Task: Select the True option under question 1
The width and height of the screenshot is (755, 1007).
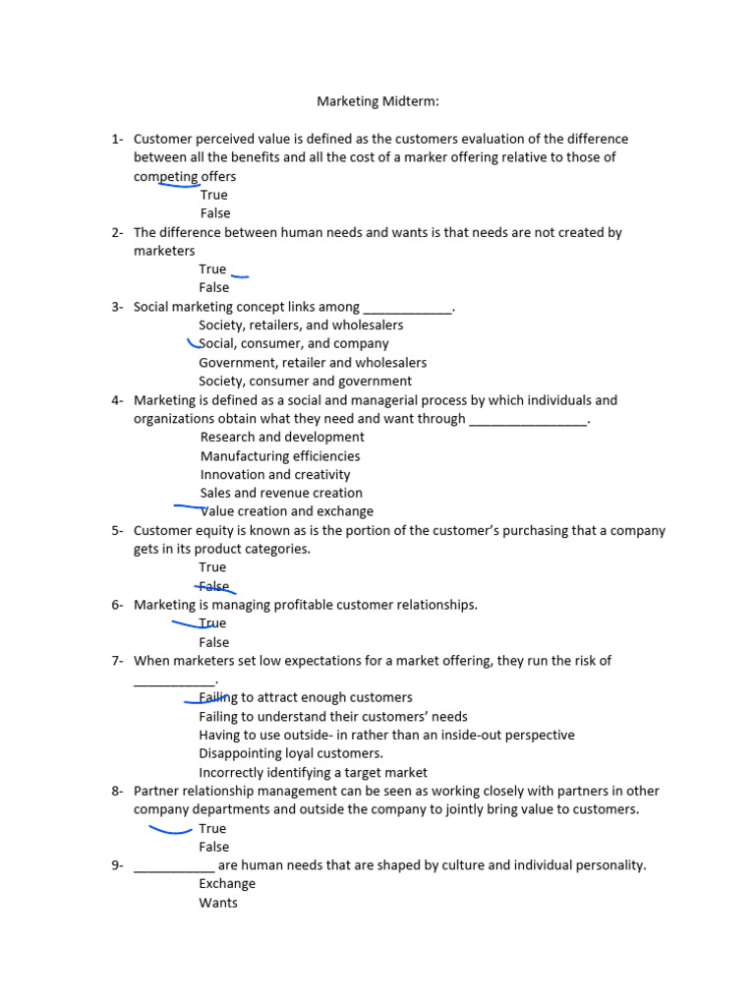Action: [x=213, y=195]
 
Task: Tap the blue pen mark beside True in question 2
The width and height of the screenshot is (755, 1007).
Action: [x=240, y=276]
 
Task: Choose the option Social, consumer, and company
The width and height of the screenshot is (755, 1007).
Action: [x=294, y=343]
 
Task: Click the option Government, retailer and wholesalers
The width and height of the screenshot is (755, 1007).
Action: [x=313, y=362]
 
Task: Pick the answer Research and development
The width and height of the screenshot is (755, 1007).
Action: [x=282, y=437]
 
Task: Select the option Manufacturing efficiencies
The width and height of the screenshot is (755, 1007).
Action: [x=280, y=455]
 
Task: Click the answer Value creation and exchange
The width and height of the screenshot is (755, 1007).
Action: [x=287, y=511]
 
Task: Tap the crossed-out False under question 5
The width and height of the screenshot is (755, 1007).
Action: [x=214, y=586]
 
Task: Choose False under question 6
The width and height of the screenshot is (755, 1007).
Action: [x=213, y=642]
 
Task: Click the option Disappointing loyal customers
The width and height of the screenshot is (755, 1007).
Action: [x=291, y=753]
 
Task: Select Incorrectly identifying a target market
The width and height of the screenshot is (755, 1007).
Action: [x=313, y=772]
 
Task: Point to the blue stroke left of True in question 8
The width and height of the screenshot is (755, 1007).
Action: [x=169, y=830]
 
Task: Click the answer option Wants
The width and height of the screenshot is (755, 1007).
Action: [x=218, y=902]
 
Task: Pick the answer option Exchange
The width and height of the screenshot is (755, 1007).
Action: [x=227, y=883]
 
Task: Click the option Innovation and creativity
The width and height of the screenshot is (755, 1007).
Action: [x=275, y=474]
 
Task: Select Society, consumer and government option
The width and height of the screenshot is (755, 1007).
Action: [x=305, y=381]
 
